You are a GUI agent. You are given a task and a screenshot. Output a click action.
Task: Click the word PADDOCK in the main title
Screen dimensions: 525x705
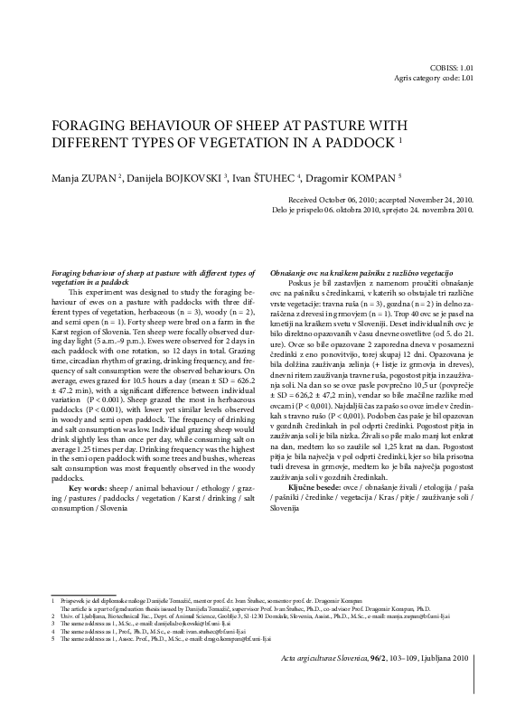pos(356,145)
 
